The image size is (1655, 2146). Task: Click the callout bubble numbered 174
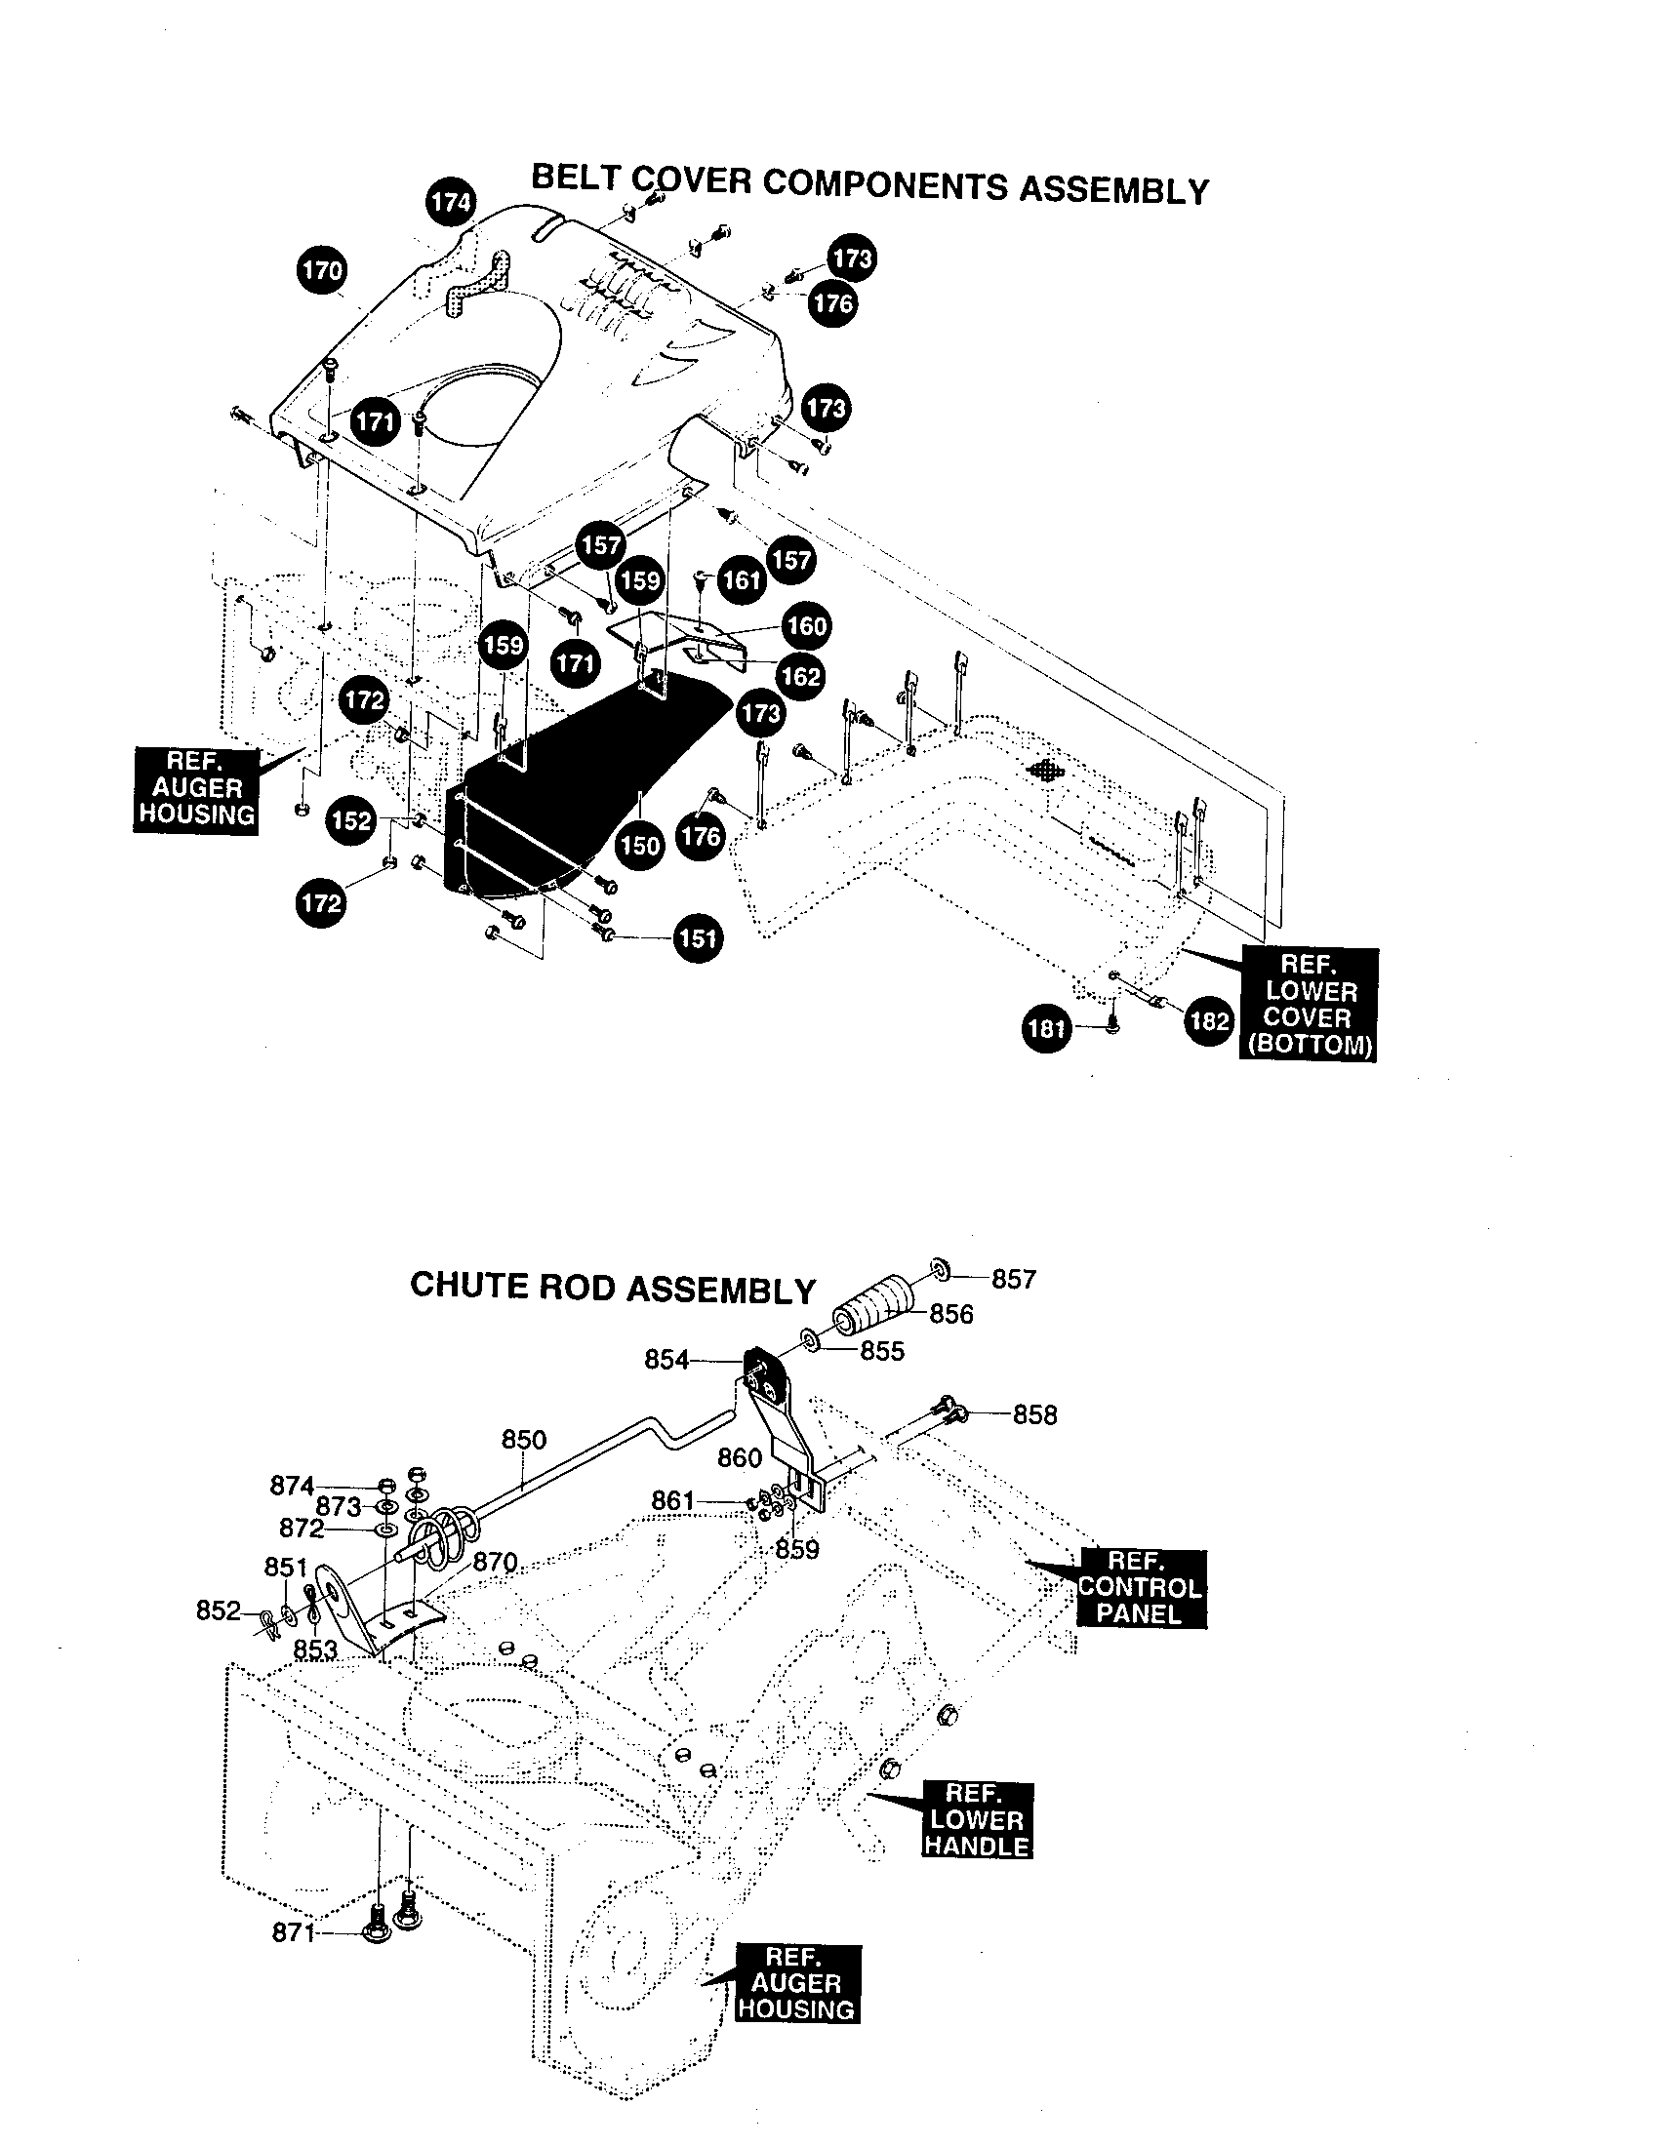(x=451, y=203)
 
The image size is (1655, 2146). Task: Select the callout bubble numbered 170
(x=321, y=270)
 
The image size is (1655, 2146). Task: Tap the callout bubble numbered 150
(x=640, y=844)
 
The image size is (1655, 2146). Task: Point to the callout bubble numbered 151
(x=697, y=938)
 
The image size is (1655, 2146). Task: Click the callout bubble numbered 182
(x=1208, y=1022)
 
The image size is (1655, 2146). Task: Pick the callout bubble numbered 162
(x=800, y=676)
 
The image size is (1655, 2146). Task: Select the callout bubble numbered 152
(x=351, y=820)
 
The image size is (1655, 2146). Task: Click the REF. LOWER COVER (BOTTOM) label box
(x=1310, y=1004)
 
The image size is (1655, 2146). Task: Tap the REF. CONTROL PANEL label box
(x=1140, y=1588)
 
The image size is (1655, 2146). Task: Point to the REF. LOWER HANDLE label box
(x=976, y=1820)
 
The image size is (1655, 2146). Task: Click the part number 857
(x=1013, y=1280)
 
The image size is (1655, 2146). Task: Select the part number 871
(x=293, y=1933)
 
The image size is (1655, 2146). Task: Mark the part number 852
(x=219, y=1610)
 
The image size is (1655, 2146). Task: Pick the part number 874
(x=292, y=1487)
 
